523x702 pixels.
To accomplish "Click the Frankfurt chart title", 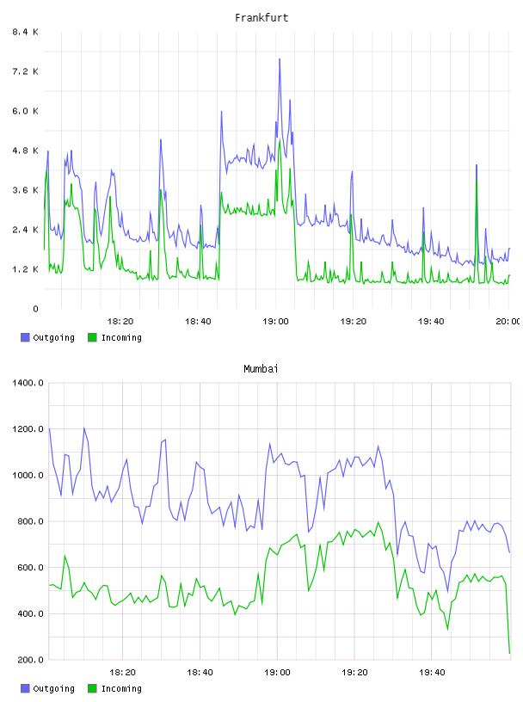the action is coord(261,18).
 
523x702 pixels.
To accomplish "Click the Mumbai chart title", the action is coord(261,369).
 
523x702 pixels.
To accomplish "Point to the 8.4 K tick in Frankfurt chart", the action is coord(25,32).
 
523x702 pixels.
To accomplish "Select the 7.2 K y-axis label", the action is coord(25,71).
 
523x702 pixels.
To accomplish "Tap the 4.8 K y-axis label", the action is coord(25,151).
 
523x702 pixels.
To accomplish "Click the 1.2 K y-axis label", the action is coord(25,269).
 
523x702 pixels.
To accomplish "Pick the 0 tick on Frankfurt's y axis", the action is coord(35,309).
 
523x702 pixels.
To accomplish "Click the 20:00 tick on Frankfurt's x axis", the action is coord(508,321).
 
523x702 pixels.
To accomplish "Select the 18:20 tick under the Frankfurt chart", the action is coord(120,321).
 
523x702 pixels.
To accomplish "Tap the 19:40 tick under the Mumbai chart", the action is coord(432,672).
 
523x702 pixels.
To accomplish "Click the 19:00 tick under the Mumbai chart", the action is coord(277,672).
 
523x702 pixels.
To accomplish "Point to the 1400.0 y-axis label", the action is coord(28,383).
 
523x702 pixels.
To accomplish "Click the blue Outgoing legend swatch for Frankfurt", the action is coord(25,337).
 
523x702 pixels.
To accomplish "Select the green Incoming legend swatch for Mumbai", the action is coord(92,688).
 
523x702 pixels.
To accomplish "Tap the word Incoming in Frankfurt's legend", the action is coord(121,337).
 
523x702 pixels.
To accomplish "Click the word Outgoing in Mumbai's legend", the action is coord(53,688).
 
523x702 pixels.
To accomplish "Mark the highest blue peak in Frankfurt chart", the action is coord(280,58).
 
